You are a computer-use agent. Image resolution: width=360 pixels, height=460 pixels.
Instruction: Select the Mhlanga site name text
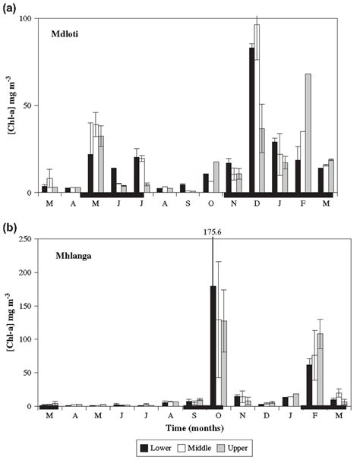point(72,254)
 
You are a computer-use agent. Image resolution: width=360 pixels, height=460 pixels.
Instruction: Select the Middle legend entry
point(204,447)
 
